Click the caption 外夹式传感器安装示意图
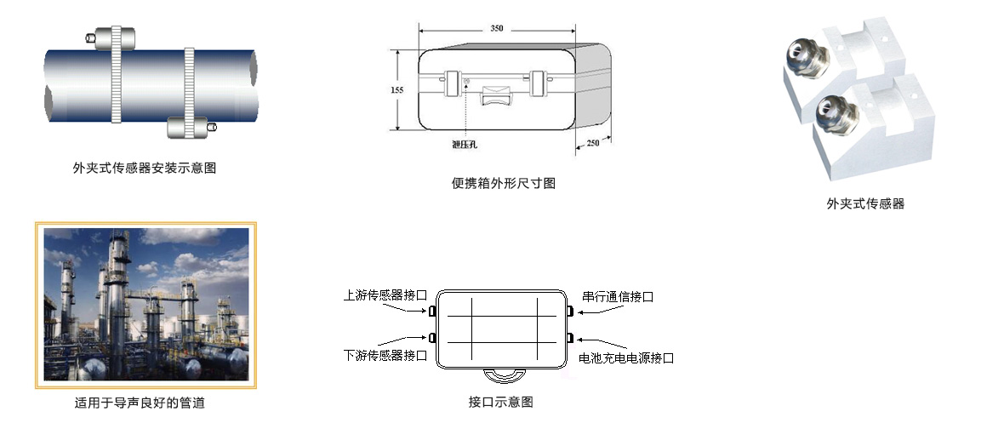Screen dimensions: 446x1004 [x=145, y=168]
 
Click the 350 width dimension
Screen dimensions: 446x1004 [x=497, y=28]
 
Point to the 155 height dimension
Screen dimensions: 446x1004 [x=396, y=89]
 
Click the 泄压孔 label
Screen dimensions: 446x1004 [x=465, y=144]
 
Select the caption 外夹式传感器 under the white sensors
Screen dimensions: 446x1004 [x=865, y=203]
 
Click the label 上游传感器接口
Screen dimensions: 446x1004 [x=385, y=296]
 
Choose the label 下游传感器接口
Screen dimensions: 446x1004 [x=385, y=355]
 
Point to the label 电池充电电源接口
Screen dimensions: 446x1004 [x=626, y=358]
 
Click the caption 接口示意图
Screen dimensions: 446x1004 [x=501, y=402]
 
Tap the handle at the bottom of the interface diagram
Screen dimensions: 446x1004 [x=500, y=375]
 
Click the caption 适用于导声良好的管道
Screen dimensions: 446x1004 [x=140, y=403]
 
